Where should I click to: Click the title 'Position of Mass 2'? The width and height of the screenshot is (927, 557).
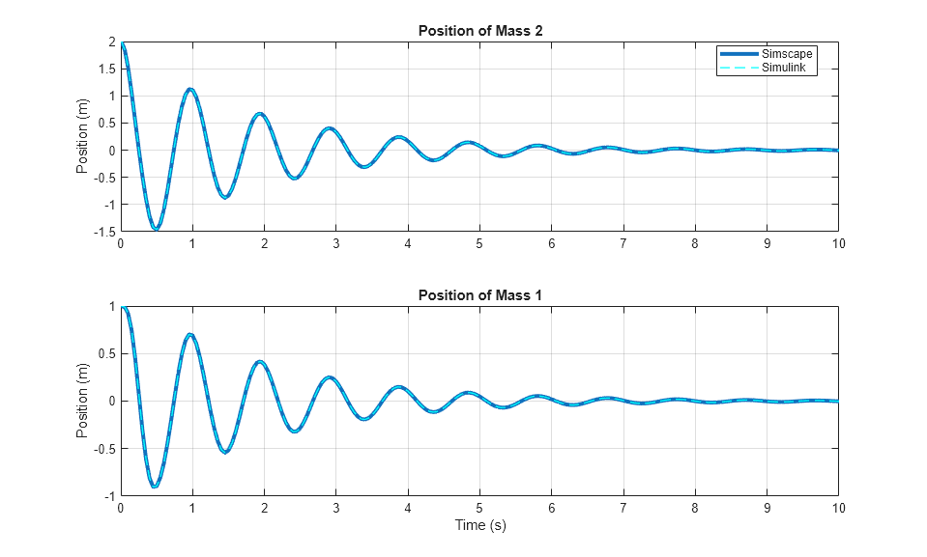[x=479, y=31]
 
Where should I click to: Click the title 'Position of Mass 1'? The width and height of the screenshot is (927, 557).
[x=479, y=295]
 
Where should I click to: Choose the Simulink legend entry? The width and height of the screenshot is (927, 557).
[x=786, y=68]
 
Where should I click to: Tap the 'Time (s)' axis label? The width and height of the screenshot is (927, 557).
[x=479, y=526]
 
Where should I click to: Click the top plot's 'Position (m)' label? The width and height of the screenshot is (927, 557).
[x=83, y=137]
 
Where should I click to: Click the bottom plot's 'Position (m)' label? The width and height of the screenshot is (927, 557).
[x=83, y=402]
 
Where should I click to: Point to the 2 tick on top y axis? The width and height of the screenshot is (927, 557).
[x=112, y=42]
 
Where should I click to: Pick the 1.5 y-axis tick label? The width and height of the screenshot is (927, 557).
[x=107, y=70]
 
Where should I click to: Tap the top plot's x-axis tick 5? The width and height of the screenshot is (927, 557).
[x=479, y=243]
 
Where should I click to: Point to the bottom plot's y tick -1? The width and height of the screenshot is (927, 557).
[x=109, y=495]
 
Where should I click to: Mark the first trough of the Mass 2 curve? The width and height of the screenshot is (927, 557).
[x=156, y=229]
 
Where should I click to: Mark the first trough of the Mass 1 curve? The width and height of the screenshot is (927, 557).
[x=155, y=487]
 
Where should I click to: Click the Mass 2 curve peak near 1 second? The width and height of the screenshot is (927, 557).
[x=190, y=89]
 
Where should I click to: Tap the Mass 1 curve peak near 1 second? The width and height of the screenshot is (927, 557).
[x=190, y=335]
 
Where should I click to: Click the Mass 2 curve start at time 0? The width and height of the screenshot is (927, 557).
[x=122, y=43]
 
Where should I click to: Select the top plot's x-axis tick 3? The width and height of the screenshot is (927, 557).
[x=335, y=243]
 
